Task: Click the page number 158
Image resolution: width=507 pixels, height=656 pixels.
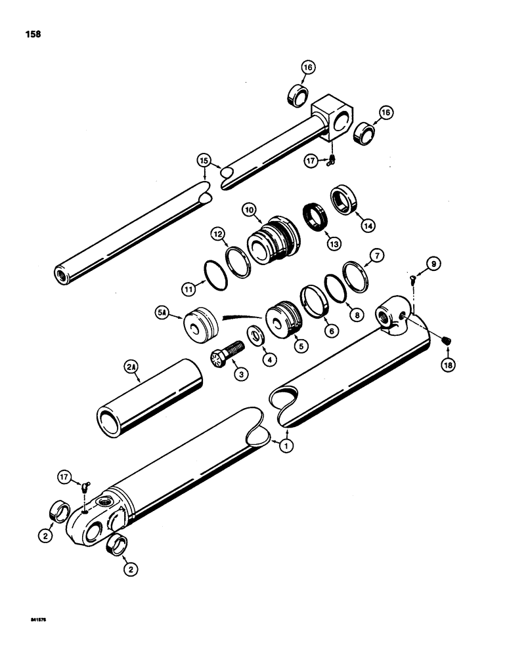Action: (32, 34)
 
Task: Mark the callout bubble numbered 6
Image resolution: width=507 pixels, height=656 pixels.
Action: (333, 332)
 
